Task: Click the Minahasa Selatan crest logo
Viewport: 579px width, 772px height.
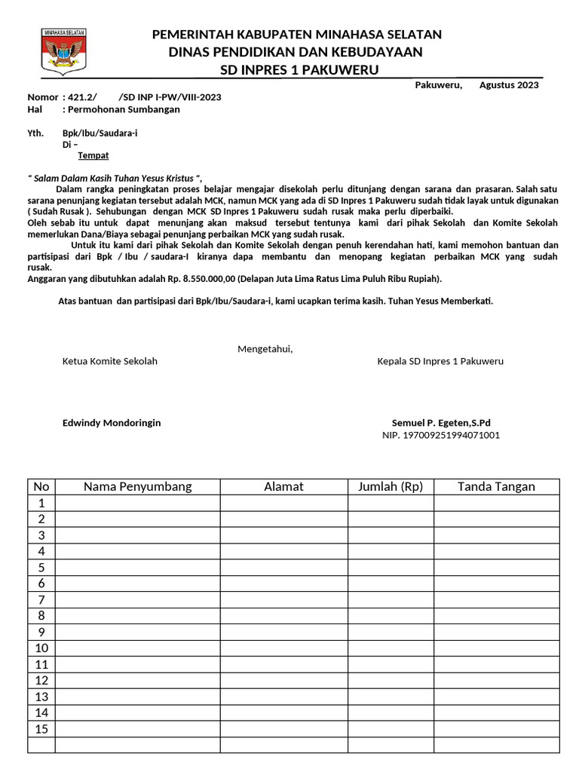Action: point(63,51)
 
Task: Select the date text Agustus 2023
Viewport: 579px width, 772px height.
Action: point(509,85)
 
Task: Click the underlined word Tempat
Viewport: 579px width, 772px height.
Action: point(93,155)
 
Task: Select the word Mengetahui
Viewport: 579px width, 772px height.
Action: point(265,349)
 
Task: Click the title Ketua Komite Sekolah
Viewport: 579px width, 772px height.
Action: point(109,361)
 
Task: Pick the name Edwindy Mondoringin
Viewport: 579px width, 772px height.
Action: point(111,423)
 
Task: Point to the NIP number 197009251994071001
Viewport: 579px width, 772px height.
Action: point(441,435)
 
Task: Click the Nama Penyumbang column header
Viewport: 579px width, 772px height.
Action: point(137,487)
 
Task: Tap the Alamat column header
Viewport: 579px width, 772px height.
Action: point(283,487)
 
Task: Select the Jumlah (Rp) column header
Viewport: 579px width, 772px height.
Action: point(391,487)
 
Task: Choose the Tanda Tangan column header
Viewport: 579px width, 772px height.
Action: point(496,487)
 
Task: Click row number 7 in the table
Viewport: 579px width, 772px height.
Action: point(41,600)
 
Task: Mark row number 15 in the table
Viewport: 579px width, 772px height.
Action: point(41,729)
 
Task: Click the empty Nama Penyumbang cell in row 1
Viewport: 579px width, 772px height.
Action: point(137,503)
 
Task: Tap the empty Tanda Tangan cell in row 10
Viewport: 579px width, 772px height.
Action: point(496,648)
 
